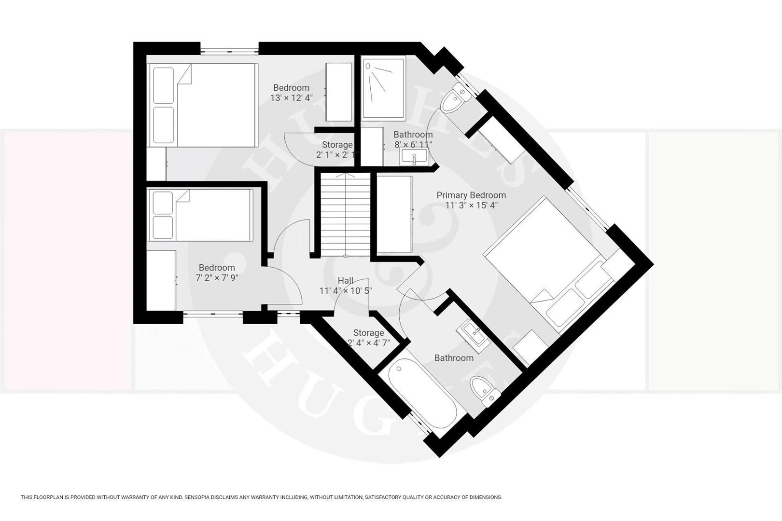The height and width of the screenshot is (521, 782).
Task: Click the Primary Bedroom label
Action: pos(471,195)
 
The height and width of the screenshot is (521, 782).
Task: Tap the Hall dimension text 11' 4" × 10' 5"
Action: pos(345,291)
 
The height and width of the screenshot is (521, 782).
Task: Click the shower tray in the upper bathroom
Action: pos(383,88)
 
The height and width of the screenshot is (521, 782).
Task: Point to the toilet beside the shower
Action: pos(455,99)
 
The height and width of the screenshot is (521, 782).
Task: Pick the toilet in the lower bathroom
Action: pos(484,389)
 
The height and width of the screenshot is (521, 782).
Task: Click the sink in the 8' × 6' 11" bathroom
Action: pos(414,156)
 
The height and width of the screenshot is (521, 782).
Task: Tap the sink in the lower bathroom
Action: pos(475,332)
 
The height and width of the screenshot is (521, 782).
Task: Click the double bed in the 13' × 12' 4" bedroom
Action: pos(203,105)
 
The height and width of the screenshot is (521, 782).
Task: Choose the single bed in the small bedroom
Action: pos(201,215)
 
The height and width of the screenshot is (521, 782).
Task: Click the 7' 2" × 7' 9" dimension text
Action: pos(217,278)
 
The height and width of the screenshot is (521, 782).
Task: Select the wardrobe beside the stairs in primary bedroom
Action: pos(394,214)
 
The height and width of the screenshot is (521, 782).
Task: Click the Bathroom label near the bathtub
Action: pos(454,358)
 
